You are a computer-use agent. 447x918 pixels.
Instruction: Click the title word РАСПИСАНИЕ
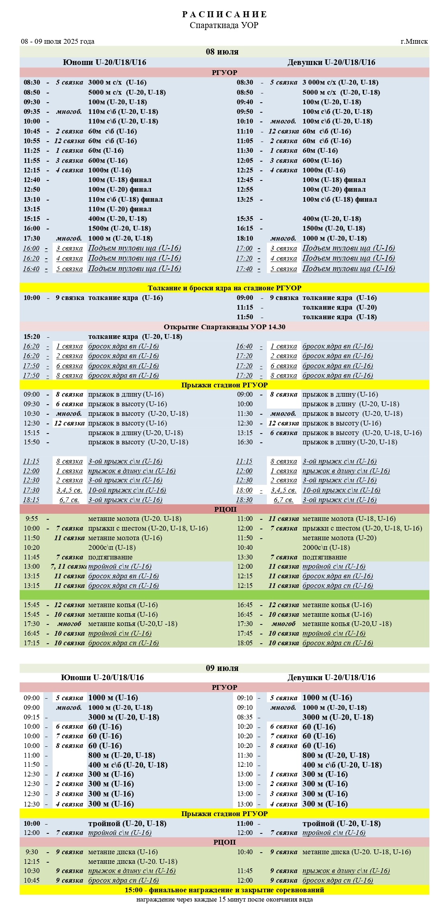224,14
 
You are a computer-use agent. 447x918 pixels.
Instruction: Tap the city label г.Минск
414,41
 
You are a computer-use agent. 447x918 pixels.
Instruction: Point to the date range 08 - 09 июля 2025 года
58,41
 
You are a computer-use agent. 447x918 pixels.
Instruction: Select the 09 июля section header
222,668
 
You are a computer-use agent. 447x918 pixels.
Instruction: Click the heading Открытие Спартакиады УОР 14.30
224,327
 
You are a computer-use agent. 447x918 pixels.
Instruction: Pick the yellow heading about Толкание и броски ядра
224,288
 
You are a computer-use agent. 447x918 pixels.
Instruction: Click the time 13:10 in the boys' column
32,199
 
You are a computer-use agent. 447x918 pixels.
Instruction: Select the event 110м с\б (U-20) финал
120,209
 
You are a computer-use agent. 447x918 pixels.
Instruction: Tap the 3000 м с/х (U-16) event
117,82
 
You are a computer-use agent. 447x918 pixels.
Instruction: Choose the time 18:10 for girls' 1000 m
245,238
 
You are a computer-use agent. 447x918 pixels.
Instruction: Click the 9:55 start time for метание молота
32,519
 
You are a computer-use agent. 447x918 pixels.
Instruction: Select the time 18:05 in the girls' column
245,643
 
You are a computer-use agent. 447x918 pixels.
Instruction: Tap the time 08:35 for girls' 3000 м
245,717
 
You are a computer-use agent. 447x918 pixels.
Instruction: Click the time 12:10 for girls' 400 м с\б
245,765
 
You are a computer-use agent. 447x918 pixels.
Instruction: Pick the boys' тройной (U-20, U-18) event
127,823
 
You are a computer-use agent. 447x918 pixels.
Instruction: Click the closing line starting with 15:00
224,890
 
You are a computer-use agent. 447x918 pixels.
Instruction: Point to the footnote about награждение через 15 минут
224,900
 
